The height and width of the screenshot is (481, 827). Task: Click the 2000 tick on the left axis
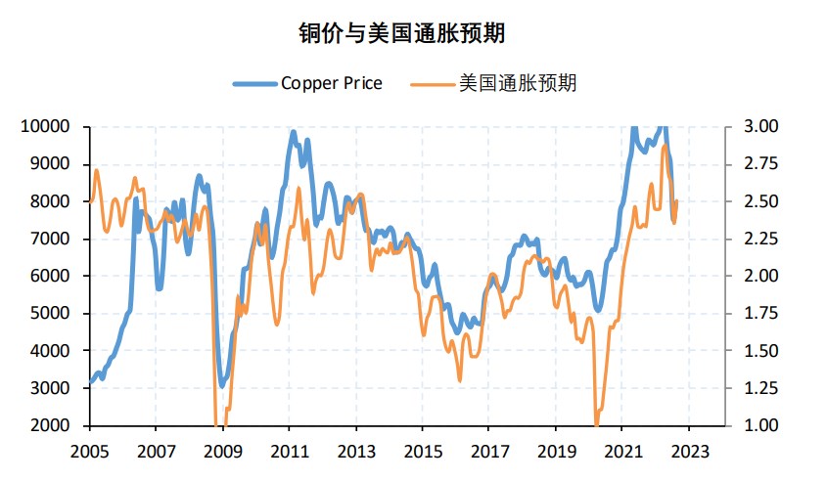pos(51,425)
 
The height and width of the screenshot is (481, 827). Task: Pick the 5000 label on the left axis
pos(51,314)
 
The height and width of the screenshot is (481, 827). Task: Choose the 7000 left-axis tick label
pos(51,239)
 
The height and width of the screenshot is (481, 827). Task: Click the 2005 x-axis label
pos(89,452)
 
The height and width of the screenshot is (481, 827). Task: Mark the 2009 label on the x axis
pos(222,452)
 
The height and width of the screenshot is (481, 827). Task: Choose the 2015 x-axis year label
pos(422,452)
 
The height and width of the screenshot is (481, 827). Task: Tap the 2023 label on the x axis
pos(688,452)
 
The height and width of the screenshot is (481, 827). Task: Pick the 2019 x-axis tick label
pos(555,452)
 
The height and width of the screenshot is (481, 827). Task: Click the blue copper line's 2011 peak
pos(293,131)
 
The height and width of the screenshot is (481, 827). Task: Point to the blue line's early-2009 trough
pos(223,384)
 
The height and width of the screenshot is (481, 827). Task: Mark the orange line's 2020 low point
pos(596,422)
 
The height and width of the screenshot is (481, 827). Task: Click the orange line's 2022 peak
pos(666,147)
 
